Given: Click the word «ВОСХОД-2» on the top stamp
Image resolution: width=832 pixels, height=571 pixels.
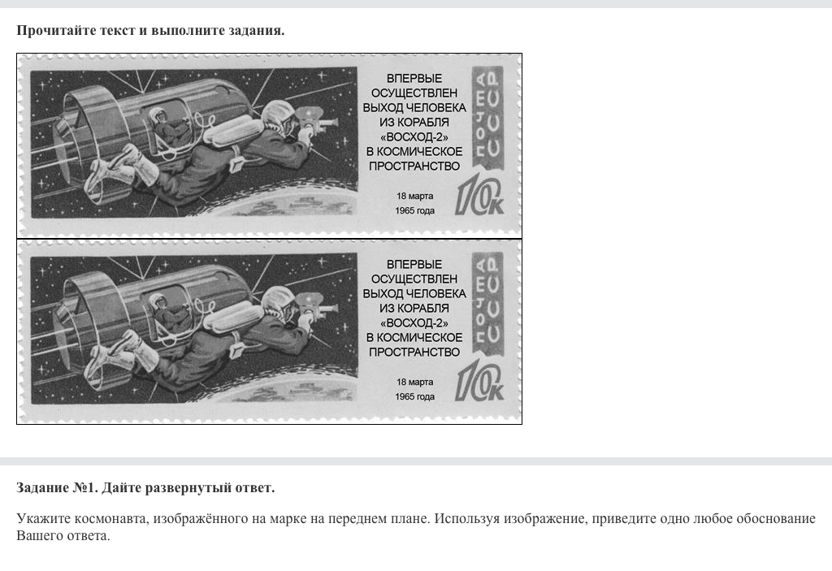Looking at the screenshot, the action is pos(414,137).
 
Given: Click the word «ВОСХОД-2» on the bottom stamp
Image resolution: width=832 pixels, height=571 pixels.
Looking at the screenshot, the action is pos(414,322).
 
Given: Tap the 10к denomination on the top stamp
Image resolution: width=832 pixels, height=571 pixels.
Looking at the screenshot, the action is pos(479,197).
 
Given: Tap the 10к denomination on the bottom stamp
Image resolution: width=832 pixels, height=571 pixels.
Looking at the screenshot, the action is pos(479,383).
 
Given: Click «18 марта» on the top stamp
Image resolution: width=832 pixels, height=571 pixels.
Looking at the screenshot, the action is pos(414,196).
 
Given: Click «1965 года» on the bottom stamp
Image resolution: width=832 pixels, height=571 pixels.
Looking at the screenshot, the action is pos(414,396).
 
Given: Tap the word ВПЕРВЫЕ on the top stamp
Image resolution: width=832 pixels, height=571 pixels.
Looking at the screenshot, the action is pos(414,78).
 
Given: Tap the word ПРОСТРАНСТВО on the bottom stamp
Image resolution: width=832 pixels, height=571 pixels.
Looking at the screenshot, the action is pos(414,352).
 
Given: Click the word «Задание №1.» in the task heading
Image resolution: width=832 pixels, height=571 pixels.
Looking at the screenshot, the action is pos(58,487).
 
